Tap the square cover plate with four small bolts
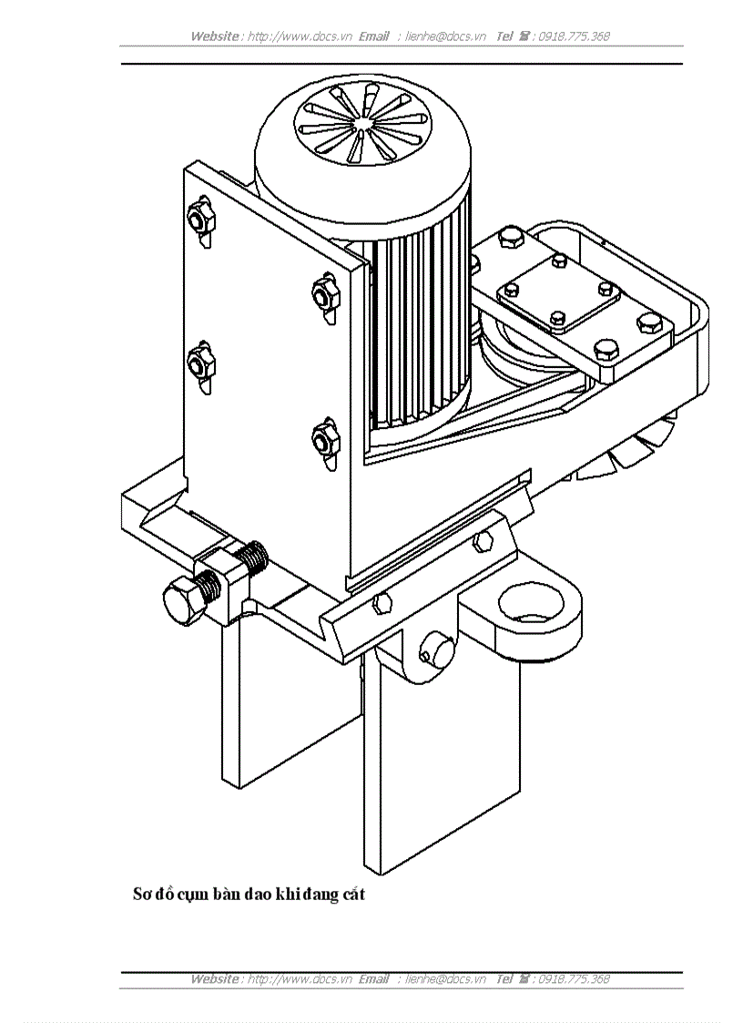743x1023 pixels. [x=558, y=293]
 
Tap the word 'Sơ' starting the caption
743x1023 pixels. [x=143, y=894]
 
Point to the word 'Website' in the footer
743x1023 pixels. [x=215, y=979]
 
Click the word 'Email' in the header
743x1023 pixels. [x=373, y=36]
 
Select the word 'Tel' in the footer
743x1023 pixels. [x=504, y=979]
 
